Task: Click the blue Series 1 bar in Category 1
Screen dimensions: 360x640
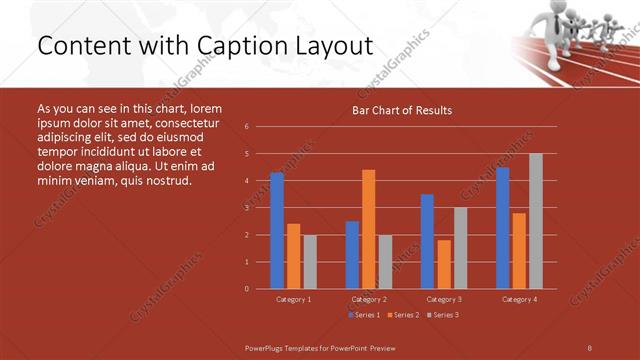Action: click(x=277, y=231)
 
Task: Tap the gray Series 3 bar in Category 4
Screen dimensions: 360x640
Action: click(x=535, y=221)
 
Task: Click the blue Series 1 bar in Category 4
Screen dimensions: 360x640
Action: click(x=502, y=228)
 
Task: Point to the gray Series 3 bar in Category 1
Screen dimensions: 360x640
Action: click(x=310, y=262)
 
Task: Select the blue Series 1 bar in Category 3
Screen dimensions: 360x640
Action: click(x=427, y=241)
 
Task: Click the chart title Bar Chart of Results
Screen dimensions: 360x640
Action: click(x=402, y=110)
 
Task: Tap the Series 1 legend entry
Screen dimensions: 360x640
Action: click(x=362, y=315)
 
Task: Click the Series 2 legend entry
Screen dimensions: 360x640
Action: click(x=402, y=315)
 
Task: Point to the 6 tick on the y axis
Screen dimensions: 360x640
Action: click(x=247, y=127)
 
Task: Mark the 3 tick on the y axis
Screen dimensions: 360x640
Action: click(x=247, y=208)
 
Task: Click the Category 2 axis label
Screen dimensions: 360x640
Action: click(x=368, y=299)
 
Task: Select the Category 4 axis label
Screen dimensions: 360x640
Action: click(x=518, y=299)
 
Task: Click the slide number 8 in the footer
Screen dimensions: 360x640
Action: click(x=589, y=347)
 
